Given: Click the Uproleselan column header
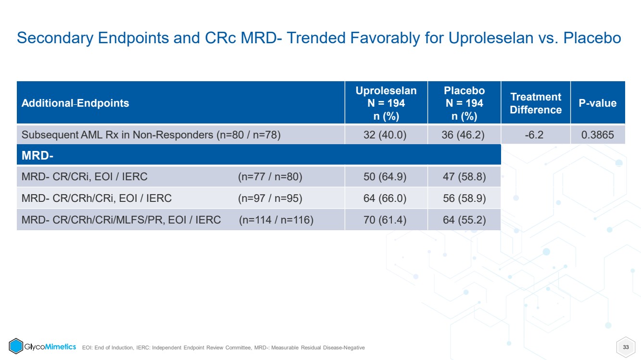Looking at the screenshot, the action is (386, 103).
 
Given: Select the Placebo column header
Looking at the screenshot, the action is (464, 103).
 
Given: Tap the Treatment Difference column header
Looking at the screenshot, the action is (536, 103).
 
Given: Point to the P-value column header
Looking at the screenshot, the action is (598, 103).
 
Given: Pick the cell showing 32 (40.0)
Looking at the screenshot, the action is (385, 135).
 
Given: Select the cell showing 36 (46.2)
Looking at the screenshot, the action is (463, 135).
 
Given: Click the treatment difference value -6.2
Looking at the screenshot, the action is (534, 135).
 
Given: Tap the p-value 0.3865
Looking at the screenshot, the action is (598, 135).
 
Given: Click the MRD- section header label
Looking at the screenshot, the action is (38, 156).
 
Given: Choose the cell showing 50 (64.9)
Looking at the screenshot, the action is (385, 177).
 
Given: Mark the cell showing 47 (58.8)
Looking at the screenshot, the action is (464, 177).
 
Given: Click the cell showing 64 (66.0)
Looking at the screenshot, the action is (385, 198).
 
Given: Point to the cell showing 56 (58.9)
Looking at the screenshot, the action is (464, 198).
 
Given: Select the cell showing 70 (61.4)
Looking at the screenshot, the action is (385, 220).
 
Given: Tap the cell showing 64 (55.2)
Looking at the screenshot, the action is (464, 220).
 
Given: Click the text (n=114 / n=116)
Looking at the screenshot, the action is (276, 220).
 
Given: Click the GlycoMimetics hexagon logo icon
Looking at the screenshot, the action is (16, 346).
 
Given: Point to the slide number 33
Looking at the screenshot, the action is (626, 347).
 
